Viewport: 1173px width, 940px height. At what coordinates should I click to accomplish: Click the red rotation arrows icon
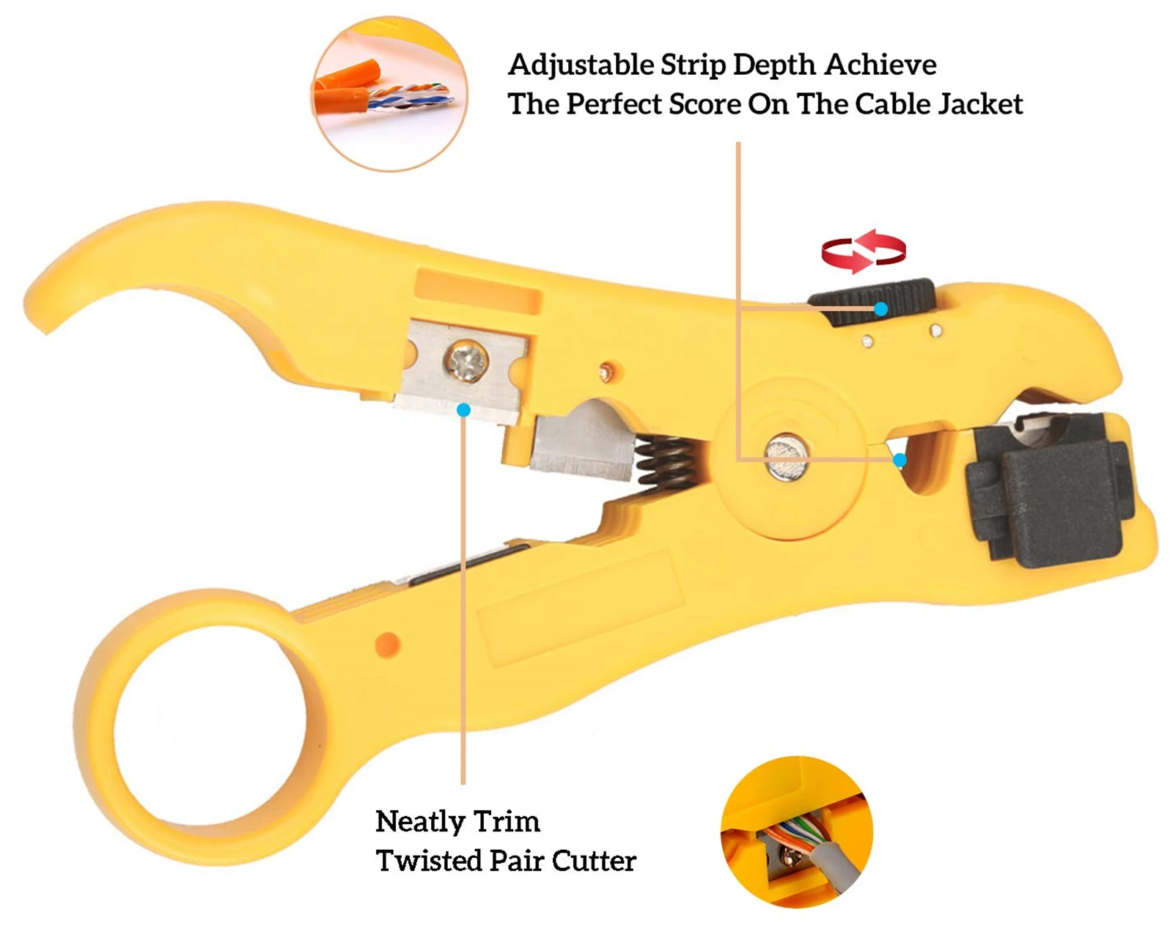(864, 251)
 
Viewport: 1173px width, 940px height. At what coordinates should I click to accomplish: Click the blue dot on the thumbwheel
(881, 309)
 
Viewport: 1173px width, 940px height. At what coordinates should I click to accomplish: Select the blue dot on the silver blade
(463, 410)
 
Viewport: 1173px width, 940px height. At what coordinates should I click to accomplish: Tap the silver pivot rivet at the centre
(787, 458)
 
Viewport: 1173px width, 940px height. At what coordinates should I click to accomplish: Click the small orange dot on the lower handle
(387, 645)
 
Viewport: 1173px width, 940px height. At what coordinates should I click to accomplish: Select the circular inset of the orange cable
(389, 95)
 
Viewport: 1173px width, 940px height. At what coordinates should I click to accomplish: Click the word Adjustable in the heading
(581, 65)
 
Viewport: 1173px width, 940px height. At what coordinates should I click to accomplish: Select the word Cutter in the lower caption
(594, 861)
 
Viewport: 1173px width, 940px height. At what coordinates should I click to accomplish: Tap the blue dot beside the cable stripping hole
(900, 460)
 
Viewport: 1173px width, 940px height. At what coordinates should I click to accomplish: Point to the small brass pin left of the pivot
(606, 372)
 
